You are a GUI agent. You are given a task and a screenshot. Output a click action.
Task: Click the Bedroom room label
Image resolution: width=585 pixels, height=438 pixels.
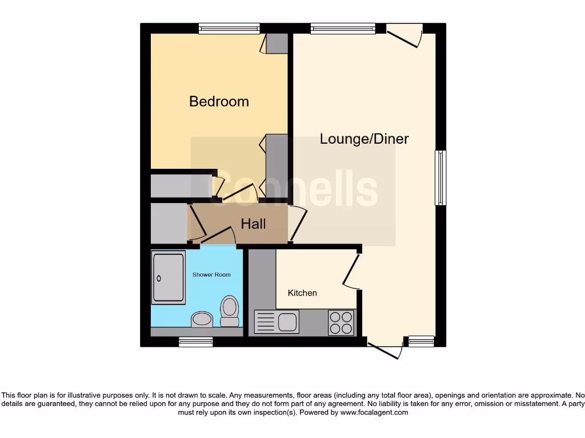pos(219,102)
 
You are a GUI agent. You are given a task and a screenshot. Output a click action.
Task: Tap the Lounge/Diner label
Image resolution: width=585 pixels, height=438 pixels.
pos(364,139)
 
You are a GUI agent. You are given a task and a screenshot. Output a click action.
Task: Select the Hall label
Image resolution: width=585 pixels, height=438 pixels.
pos(253,224)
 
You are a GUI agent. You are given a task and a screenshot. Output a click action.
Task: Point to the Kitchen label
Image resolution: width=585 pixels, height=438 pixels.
pos(302,293)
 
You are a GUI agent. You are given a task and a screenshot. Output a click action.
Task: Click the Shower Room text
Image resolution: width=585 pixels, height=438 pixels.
pos(211,274)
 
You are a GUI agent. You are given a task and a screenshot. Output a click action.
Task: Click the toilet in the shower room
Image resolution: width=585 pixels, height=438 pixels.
pos(230,311)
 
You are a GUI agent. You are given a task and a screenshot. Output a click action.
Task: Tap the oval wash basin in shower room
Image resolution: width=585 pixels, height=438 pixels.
pos(202,319)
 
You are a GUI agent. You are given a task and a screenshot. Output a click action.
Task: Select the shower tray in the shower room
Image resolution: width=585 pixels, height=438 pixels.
pos(169,277)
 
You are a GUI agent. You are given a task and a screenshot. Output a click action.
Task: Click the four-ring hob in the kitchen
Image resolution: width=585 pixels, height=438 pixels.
pos(342,322)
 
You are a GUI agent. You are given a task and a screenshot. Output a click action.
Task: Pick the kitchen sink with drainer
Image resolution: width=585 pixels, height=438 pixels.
pos(277,322)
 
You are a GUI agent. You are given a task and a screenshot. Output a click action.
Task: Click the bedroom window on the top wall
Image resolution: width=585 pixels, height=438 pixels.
pos(229,29)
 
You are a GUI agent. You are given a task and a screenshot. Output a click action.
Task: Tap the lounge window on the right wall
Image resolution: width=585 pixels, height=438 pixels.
pos(440,177)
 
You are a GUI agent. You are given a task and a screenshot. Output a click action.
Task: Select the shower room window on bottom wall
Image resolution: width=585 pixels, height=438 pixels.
pos(195,342)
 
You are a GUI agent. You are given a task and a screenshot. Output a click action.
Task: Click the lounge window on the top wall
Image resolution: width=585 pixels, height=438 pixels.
pos(343,29)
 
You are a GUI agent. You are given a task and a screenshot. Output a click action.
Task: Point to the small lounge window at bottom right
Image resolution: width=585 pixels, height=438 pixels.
pos(421,342)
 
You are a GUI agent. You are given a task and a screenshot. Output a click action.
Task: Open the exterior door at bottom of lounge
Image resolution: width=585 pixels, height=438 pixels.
pos(384,350)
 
